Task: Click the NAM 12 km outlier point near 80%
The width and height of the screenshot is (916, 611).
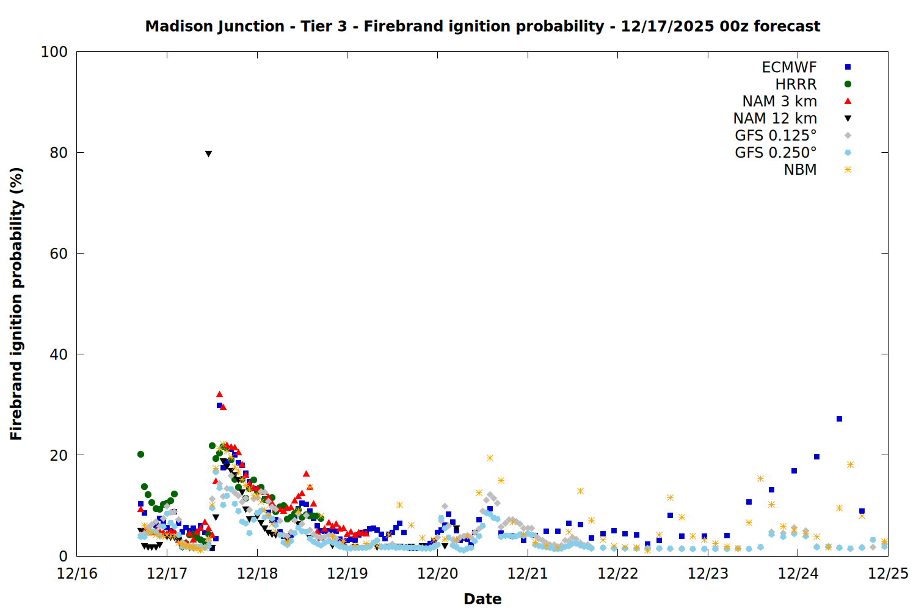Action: pyautogui.click(x=208, y=154)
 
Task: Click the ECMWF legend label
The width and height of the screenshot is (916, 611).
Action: pyautogui.click(x=789, y=67)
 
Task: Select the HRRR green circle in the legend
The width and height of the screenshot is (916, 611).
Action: pyautogui.click(x=848, y=84)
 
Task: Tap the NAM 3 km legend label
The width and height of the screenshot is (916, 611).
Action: pyautogui.click(x=779, y=101)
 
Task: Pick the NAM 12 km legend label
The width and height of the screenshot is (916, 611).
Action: pyautogui.click(x=775, y=119)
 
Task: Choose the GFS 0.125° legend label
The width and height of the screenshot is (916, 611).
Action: pyautogui.click(x=776, y=136)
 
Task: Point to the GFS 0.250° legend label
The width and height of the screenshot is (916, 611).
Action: pyautogui.click(x=776, y=153)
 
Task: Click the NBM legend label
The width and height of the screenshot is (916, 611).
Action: pyautogui.click(x=800, y=170)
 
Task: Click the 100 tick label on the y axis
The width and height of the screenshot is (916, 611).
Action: pyautogui.click(x=54, y=52)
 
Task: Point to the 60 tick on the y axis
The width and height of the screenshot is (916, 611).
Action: pyautogui.click(x=58, y=254)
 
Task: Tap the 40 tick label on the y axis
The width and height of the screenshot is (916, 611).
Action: pyautogui.click(x=58, y=354)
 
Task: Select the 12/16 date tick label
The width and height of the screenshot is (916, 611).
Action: pyautogui.click(x=77, y=574)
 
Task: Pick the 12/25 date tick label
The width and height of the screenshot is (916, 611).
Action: pyautogui.click(x=888, y=574)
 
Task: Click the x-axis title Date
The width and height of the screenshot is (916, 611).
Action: pyautogui.click(x=482, y=599)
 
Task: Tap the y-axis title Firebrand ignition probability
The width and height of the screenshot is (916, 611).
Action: pyautogui.click(x=16, y=304)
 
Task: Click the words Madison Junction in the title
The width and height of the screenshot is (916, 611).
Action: pyautogui.click(x=214, y=26)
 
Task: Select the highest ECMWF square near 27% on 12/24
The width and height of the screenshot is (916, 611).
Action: pyautogui.click(x=839, y=419)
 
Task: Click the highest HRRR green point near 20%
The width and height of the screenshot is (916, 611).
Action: pyautogui.click(x=140, y=454)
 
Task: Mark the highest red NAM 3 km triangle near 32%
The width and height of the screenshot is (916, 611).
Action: pyautogui.click(x=219, y=394)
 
